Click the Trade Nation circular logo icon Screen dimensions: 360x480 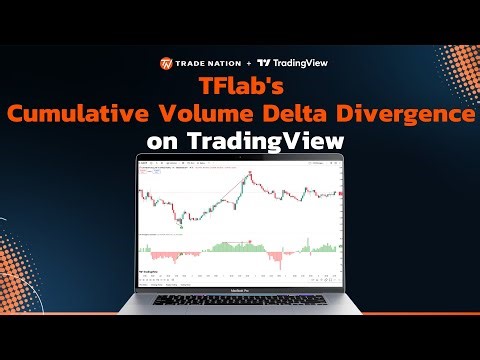coord(166,63)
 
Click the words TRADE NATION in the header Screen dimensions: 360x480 coord(206,63)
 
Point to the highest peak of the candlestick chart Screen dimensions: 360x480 coord(249,173)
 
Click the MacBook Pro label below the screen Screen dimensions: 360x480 coord(240,291)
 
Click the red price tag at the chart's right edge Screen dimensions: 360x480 coord(342,193)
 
